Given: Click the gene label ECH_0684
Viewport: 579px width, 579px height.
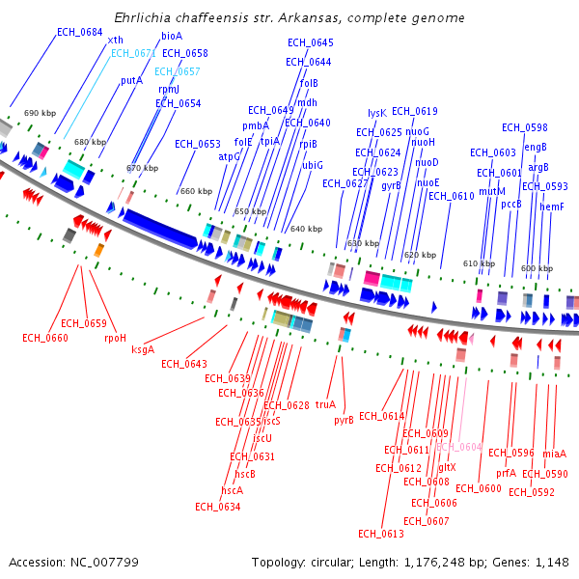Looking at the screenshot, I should tap(79, 32).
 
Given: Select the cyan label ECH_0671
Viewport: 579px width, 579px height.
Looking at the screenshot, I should tap(133, 54).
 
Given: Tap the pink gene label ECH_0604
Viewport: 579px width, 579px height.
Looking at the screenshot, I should tap(458, 447).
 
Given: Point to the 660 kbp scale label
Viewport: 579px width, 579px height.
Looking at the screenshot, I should tap(196, 191).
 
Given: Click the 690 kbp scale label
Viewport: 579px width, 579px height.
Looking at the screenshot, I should tap(40, 113).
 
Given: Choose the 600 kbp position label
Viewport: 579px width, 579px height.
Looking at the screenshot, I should tap(537, 268).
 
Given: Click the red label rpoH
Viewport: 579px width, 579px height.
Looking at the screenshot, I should tap(115, 338).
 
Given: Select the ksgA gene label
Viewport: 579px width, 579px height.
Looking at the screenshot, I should tap(143, 350).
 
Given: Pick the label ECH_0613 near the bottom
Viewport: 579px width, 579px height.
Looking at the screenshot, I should tap(380, 534).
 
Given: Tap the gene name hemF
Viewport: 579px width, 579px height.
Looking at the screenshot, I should tap(552, 207).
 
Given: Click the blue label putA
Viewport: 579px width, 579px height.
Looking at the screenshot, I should tap(131, 81).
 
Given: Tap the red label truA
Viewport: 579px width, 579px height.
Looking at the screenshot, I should tap(325, 404).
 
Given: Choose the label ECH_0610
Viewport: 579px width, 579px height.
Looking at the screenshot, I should tap(451, 196).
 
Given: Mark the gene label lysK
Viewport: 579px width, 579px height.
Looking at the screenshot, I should tap(377, 113).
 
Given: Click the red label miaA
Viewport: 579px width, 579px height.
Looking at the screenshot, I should tap(555, 454).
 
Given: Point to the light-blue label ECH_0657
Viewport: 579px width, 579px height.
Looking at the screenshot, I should tap(178, 71).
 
